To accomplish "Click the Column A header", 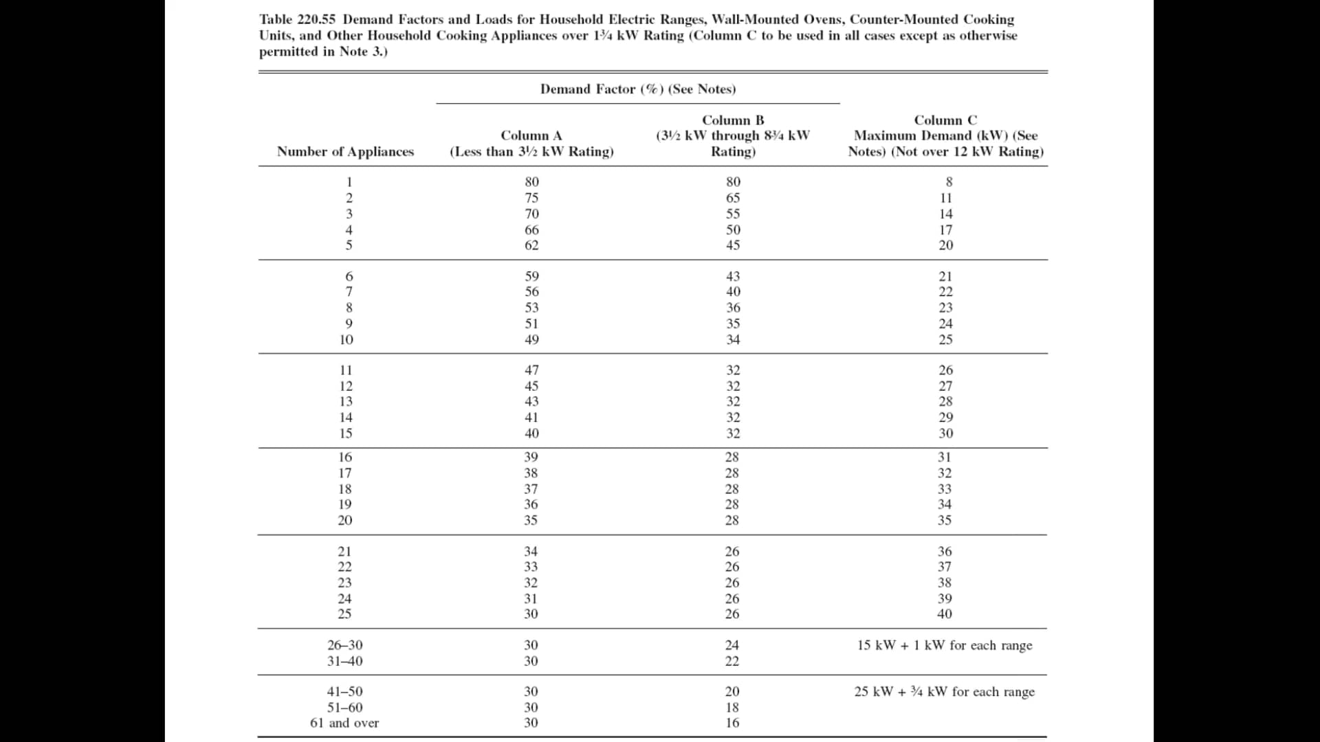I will click(531, 144).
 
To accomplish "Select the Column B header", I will click(733, 136).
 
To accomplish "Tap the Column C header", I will click(945, 136).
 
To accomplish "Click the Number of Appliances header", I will click(345, 152).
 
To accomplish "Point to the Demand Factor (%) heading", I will click(637, 89).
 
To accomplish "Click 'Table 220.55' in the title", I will click(297, 20).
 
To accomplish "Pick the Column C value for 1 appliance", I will click(949, 182).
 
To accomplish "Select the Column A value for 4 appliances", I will click(531, 230).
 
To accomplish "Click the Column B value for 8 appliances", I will click(733, 308).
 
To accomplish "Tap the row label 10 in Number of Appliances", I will click(346, 340).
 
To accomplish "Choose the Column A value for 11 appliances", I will click(531, 370).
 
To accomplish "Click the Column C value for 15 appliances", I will click(945, 434).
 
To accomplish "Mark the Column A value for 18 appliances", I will click(531, 489).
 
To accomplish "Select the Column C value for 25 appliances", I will click(945, 614).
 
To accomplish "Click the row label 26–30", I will click(344, 645).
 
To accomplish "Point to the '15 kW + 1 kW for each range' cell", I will click(944, 645).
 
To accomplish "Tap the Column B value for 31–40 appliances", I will click(732, 661).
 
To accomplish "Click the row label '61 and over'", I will click(344, 723).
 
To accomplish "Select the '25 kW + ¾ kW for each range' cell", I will click(944, 692).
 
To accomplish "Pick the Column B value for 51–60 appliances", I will click(732, 708).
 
